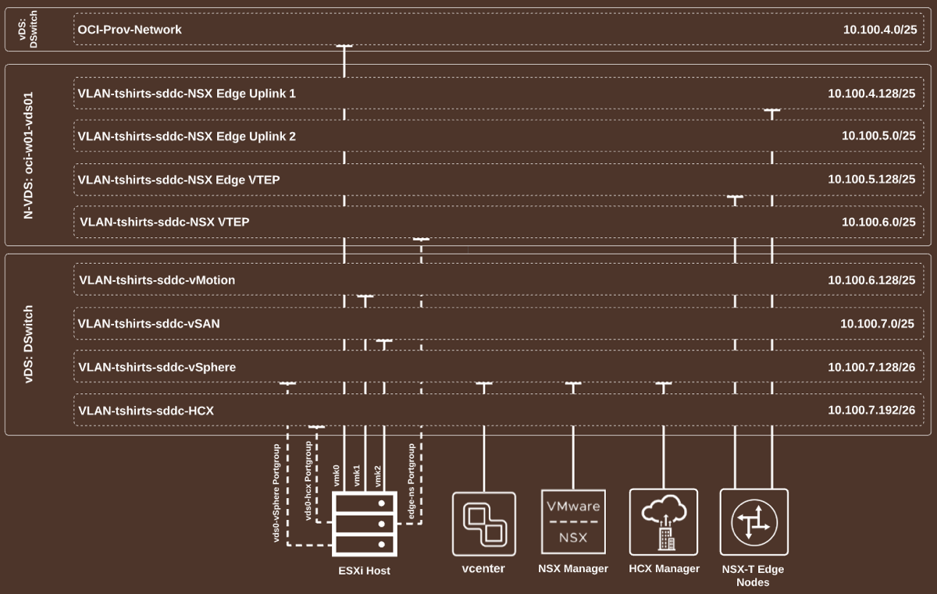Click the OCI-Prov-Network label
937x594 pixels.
coord(130,30)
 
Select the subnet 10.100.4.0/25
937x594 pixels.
coord(878,30)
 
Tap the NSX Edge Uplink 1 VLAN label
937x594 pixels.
coord(187,94)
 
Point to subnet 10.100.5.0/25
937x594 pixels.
coord(878,136)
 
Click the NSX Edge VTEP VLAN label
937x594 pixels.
coord(179,180)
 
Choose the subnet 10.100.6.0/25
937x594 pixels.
coord(878,222)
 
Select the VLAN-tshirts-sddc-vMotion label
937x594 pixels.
coord(157,280)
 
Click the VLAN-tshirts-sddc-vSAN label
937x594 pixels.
coord(149,323)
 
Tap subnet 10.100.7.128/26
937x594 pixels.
coord(871,367)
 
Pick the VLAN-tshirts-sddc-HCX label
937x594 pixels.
coord(146,411)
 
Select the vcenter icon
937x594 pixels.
coord(484,523)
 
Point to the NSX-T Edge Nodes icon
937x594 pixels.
coord(754,522)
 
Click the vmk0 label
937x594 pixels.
coord(337,475)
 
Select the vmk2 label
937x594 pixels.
coord(378,475)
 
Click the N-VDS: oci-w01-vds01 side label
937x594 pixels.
coord(29,156)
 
